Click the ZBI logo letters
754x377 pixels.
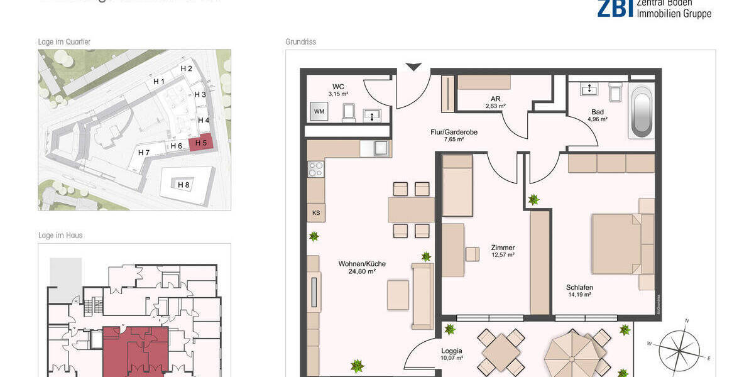615,8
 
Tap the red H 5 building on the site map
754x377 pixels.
201,143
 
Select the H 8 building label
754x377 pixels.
183,185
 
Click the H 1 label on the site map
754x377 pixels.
159,82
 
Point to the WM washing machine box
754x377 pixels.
319,112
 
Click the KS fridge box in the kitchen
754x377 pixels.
316,212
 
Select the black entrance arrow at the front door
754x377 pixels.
413,67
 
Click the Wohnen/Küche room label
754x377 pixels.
361,264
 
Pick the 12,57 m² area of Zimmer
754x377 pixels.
503,255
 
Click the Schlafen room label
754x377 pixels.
579,287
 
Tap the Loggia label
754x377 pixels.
451,351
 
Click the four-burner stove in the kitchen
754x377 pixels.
316,168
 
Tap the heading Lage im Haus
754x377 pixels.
60,236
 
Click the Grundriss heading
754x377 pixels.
300,42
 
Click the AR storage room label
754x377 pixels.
495,99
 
